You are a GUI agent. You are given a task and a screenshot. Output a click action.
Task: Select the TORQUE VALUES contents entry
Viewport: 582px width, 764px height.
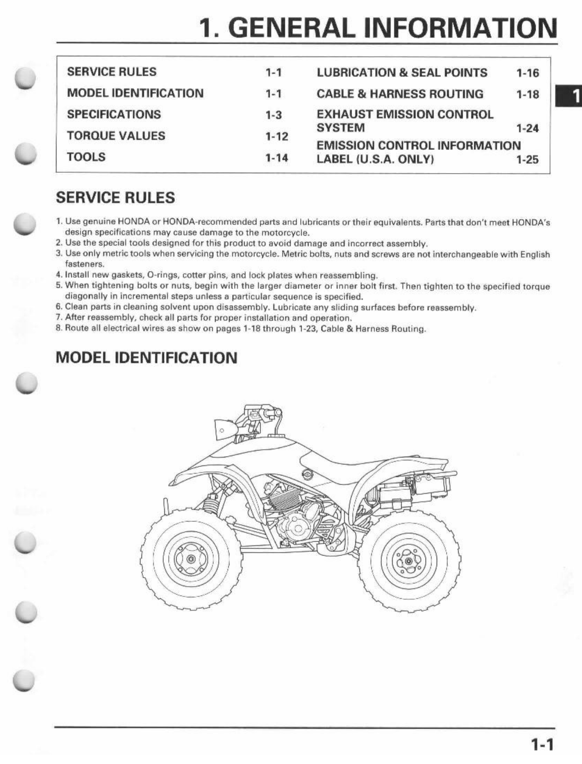(116, 136)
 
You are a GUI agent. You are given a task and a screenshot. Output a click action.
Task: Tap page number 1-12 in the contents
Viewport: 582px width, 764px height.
(277, 137)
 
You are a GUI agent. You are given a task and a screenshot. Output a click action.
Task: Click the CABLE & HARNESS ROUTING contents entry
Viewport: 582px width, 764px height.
(400, 94)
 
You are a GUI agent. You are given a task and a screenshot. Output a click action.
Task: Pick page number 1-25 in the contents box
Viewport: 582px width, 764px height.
(527, 160)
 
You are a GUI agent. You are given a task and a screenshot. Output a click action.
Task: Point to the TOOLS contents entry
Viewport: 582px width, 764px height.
(86, 157)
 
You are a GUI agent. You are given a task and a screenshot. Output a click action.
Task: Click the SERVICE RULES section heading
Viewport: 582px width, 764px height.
(115, 198)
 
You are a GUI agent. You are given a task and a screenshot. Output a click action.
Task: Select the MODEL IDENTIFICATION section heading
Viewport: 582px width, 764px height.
(146, 357)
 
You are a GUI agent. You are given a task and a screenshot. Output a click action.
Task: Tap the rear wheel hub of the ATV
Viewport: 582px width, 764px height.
(409, 561)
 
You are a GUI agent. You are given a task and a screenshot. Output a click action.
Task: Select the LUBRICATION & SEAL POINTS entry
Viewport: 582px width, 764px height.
(402, 73)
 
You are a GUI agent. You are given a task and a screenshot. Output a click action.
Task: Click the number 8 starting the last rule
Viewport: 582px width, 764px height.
(58, 328)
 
